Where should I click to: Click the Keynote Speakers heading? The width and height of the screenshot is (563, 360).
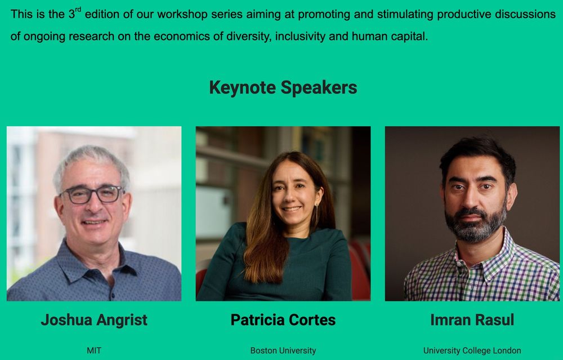click(283, 87)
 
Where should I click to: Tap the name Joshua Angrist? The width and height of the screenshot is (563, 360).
click(94, 320)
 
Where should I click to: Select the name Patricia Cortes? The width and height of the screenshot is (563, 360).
click(283, 320)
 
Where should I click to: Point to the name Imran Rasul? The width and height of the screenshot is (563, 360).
click(472, 320)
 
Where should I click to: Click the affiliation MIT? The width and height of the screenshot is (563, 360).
click(94, 350)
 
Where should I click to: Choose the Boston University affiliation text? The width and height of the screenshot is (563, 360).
click(283, 350)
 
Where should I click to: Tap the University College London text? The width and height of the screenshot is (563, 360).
click(472, 350)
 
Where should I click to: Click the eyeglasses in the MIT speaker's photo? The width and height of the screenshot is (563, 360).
click(92, 194)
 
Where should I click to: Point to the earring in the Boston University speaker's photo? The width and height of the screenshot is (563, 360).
click(316, 212)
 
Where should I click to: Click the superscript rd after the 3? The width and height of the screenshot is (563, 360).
click(78, 10)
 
